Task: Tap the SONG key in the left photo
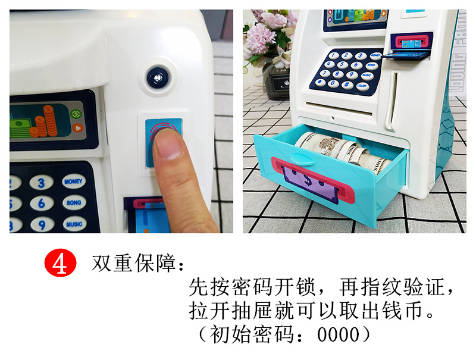pos(74,203)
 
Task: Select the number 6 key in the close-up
pos(41,204)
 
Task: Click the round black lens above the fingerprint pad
pos(158,76)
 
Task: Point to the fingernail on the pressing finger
pos(169,145)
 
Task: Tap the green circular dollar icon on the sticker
pos(76,113)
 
